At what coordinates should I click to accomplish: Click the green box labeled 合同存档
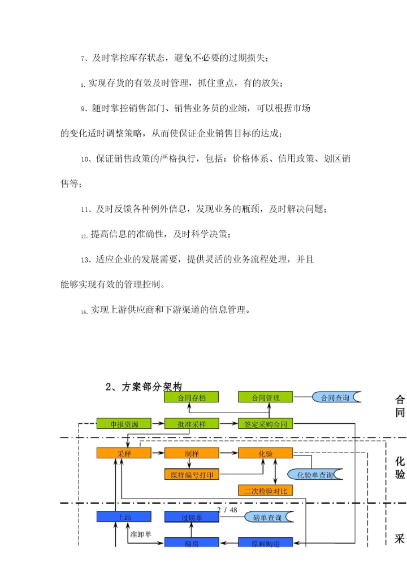(x=191, y=397)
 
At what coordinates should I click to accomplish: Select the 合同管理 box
(x=265, y=397)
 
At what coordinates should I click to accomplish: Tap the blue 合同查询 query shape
(x=335, y=397)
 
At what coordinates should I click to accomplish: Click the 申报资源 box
(x=124, y=424)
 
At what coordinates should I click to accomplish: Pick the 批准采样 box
(x=191, y=424)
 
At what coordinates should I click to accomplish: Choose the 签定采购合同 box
(x=265, y=424)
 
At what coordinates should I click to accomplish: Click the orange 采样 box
(x=124, y=453)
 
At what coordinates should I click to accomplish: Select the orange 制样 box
(x=191, y=453)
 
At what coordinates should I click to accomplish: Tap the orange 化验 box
(x=265, y=453)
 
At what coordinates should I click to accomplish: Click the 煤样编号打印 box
(x=191, y=474)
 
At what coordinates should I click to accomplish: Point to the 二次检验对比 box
(x=265, y=490)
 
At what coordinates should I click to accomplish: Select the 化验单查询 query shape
(x=314, y=474)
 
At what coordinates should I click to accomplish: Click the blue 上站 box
(x=124, y=516)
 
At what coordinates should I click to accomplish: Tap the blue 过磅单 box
(x=191, y=516)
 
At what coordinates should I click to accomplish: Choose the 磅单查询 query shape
(x=267, y=516)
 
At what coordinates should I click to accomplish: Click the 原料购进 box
(x=265, y=542)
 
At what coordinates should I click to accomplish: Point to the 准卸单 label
(x=140, y=533)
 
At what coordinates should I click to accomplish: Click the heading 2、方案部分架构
(x=144, y=387)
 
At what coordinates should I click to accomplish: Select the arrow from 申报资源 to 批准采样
(x=158, y=424)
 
